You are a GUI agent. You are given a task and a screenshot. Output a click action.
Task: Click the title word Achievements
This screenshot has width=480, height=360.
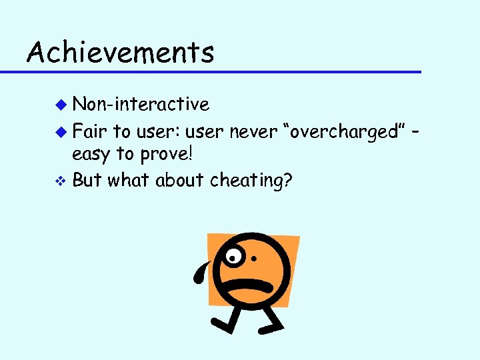tap(121, 51)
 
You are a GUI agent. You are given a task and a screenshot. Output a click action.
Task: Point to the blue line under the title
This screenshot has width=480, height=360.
tap(220, 71)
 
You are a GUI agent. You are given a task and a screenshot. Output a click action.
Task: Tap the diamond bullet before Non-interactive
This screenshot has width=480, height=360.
tap(61, 105)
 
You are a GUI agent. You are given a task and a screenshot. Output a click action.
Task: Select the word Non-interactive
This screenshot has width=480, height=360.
tap(141, 104)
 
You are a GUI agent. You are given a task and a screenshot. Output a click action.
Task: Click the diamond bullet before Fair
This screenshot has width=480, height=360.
tap(61, 132)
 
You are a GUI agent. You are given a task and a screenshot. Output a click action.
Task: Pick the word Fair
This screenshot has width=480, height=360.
tap(90, 131)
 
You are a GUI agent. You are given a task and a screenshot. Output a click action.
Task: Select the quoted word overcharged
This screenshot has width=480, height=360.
tap(341, 132)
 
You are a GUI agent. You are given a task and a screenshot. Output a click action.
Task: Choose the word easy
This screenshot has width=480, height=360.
tap(91, 154)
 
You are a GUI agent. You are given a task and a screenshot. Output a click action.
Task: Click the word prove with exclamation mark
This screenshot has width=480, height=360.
tap(165, 154)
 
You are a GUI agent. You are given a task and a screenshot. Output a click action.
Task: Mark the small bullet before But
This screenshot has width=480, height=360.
tap(61, 180)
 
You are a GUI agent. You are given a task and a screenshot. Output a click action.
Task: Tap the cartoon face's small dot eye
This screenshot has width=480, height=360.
tap(254, 259)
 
